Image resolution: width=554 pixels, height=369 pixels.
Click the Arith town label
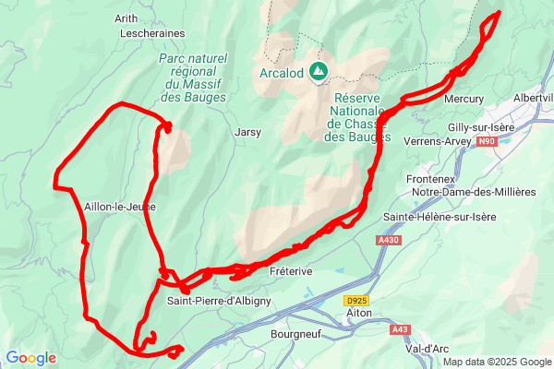[x=126, y=18]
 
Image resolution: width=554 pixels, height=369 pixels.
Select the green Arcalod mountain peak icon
[x=319, y=70]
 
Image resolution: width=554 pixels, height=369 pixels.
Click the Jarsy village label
[x=248, y=132]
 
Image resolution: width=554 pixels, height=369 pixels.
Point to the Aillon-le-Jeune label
[x=119, y=207]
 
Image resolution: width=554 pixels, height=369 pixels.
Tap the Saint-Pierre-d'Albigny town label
[x=219, y=300]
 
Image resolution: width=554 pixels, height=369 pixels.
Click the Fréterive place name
[x=291, y=271]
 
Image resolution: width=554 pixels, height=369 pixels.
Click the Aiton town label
[x=358, y=314]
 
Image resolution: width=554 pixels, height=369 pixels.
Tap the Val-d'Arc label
[x=428, y=350]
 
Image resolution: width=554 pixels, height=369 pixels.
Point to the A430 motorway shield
[x=389, y=240]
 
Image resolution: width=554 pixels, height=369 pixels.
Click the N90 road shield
[x=487, y=141]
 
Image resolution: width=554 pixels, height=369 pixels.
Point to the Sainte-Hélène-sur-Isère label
[x=439, y=217]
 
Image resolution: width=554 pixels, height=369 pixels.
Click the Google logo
[x=30, y=358]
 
